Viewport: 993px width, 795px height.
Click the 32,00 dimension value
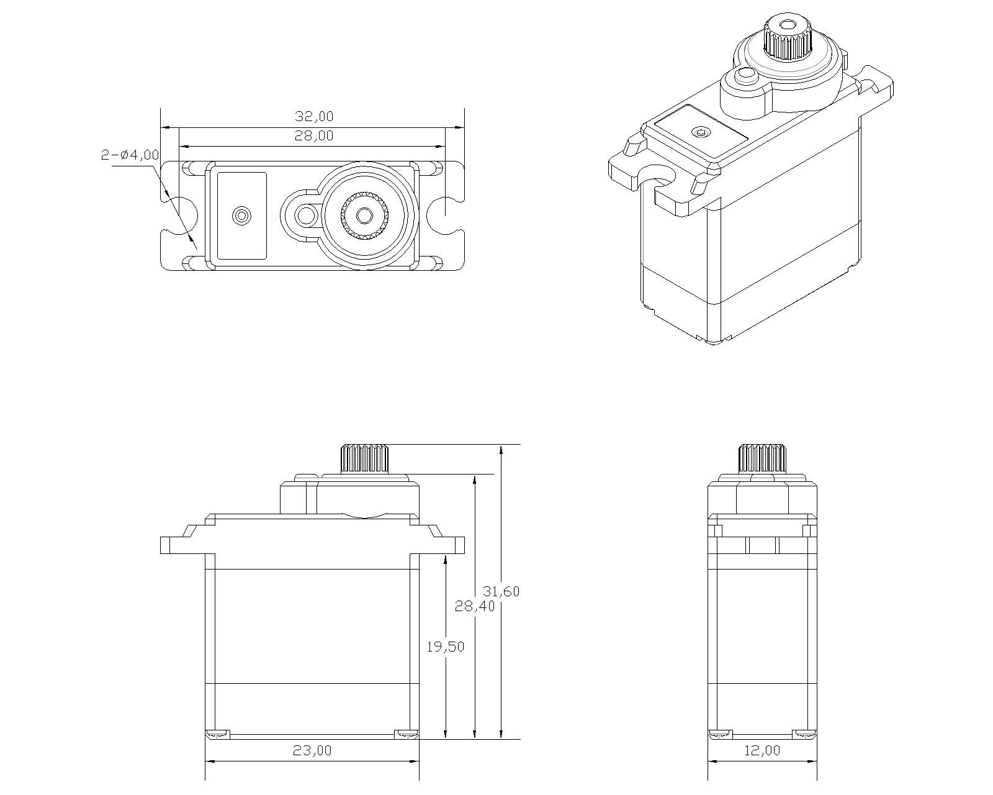[313, 117]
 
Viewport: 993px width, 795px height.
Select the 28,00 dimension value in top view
[313, 136]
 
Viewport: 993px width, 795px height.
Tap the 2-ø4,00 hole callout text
[130, 155]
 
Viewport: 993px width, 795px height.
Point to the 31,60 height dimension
[501, 591]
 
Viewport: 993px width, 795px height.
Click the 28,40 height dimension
[475, 606]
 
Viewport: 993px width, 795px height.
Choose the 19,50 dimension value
[445, 647]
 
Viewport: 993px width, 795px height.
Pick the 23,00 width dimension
[312, 750]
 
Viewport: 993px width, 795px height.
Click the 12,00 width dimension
[762, 750]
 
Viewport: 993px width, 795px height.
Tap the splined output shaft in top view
[364, 216]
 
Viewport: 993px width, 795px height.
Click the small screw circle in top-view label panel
[241, 216]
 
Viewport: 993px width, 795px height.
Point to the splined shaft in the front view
[364, 459]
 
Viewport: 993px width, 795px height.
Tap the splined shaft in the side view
[762, 458]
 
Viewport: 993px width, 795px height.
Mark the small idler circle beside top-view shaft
[305, 216]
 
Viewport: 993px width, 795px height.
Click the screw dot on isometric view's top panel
[702, 132]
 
